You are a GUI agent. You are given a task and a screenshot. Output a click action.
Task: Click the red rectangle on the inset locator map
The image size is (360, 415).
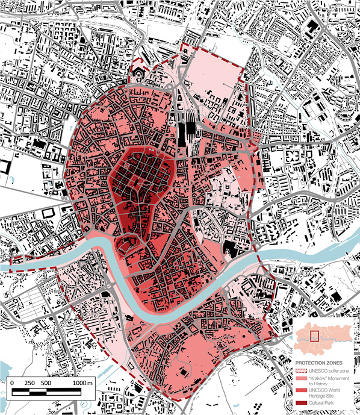[x=313, y=335]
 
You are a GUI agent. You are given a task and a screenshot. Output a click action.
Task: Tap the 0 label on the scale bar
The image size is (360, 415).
[x=13, y=383]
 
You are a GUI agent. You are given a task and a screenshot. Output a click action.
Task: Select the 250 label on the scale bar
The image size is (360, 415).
[x=29, y=383]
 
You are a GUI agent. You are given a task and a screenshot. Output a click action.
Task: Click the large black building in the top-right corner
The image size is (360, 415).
[x=312, y=28]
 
